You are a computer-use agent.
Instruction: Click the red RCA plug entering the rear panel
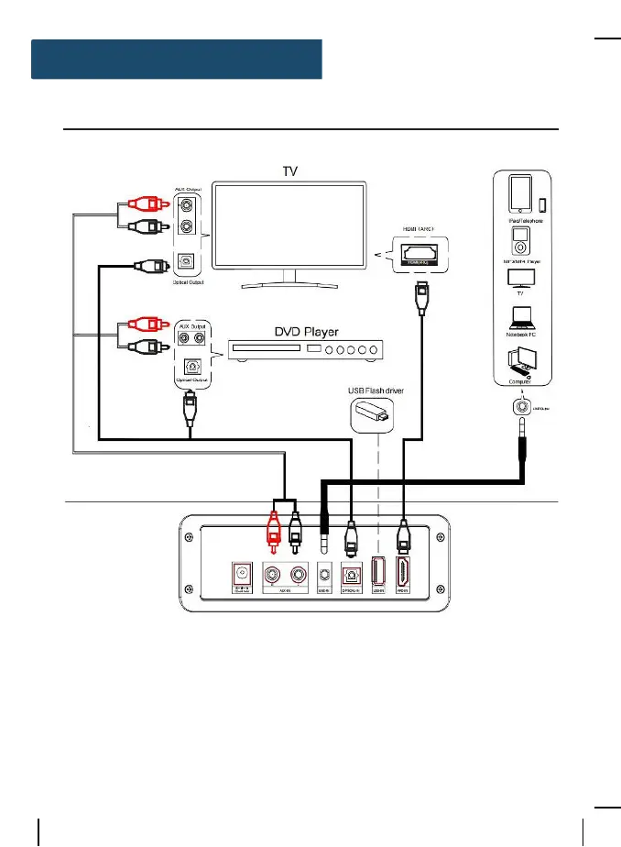[x=272, y=531]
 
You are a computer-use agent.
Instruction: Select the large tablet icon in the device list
[x=519, y=194]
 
